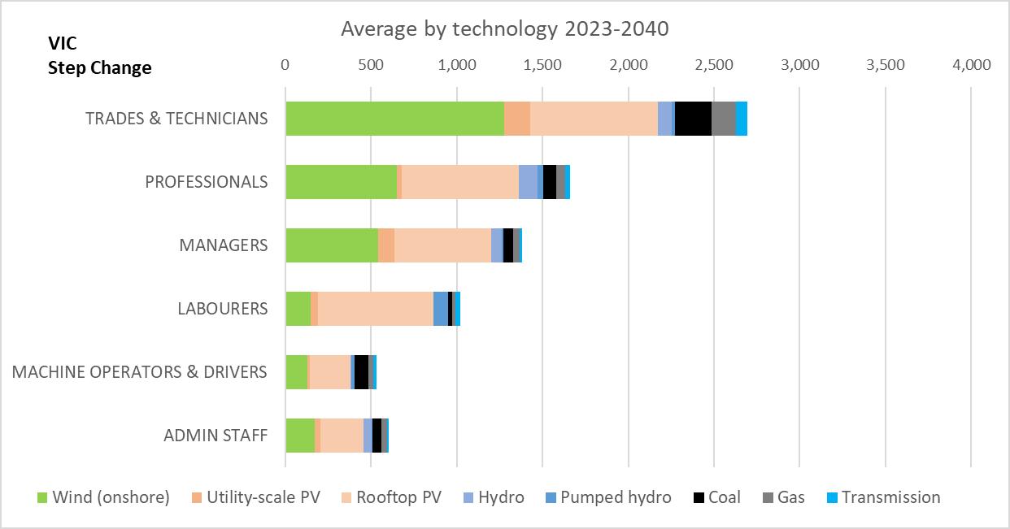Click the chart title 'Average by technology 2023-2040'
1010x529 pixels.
tap(504, 28)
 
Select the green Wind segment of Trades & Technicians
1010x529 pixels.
tap(394, 119)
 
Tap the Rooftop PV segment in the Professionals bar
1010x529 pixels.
tap(460, 181)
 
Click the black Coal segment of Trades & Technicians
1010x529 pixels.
tap(693, 119)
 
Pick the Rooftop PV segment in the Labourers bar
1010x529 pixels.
tap(375, 308)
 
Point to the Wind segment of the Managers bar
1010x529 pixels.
tap(332, 245)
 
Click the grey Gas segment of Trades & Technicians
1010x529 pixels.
tap(723, 119)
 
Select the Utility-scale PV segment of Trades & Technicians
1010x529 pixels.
tap(517, 119)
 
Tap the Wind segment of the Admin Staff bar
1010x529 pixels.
tap(300, 435)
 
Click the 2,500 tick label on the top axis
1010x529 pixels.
tap(714, 65)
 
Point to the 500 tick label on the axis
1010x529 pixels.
tap(371, 65)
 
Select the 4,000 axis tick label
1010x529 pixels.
tap(971, 65)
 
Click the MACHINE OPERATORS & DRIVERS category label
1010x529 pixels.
tap(139, 371)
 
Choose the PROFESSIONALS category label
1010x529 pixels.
tap(206, 181)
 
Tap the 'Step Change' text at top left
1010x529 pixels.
tap(99, 67)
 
